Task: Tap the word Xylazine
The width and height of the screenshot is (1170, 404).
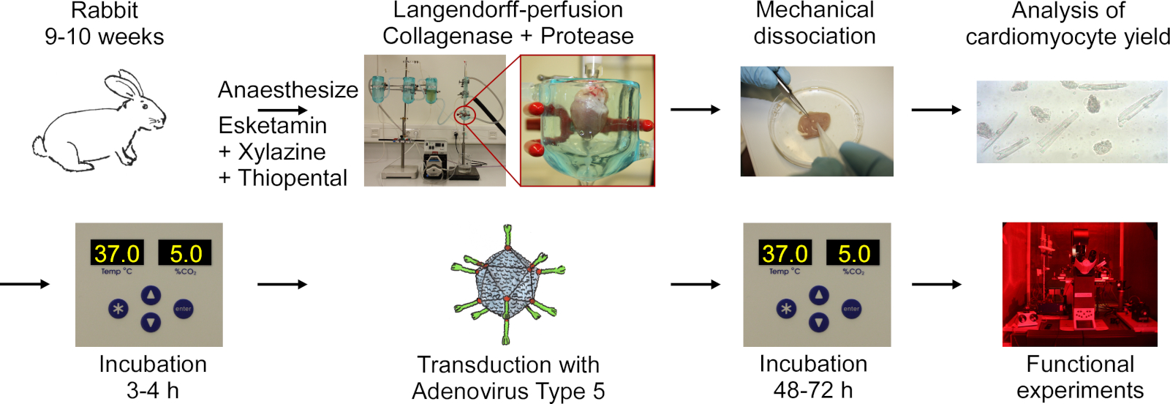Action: pos(282,152)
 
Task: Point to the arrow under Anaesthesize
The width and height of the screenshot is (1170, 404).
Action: pos(282,111)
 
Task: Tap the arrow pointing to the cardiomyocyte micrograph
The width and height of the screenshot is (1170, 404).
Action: pos(936,110)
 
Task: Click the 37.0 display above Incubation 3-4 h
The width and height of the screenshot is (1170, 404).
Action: pos(117,253)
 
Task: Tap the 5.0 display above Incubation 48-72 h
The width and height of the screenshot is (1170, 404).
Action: pos(853,253)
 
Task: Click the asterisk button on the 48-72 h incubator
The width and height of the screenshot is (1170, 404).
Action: pos(786,309)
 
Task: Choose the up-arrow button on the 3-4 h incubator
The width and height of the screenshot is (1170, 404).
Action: pos(151,295)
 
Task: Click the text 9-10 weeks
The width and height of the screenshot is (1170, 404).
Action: pos(105,37)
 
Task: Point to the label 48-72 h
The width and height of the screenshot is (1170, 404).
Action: pos(813,390)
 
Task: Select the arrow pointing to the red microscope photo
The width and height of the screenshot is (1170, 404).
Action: pos(936,284)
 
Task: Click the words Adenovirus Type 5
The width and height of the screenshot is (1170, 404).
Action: pos(508,392)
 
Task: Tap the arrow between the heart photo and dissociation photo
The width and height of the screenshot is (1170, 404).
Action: pos(695,110)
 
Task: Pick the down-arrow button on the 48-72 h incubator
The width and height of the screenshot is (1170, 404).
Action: pos(819,322)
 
